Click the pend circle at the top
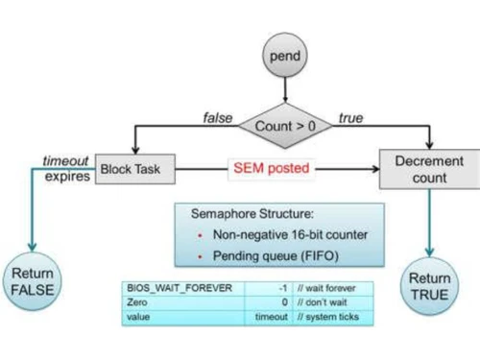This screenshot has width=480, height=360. [x=285, y=56]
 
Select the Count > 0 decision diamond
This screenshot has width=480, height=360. [x=285, y=126]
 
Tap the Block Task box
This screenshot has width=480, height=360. [x=138, y=170]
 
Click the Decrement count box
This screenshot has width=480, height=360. [x=428, y=170]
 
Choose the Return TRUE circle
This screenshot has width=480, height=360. [x=428, y=285]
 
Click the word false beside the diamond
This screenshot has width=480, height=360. [x=218, y=119]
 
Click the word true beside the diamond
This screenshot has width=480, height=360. [x=350, y=119]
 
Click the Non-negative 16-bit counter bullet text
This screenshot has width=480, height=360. [x=266, y=234]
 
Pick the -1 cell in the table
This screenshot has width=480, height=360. [x=282, y=287]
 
